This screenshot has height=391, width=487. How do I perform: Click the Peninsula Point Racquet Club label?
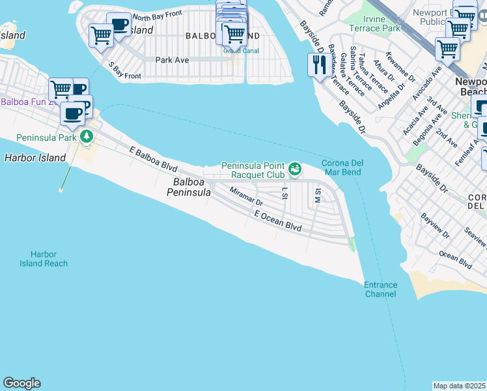[253, 170]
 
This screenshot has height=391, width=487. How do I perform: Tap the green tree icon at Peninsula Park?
[87, 136]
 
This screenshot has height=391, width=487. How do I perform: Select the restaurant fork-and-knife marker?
[318, 65]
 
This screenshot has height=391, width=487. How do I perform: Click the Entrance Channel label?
[380, 289]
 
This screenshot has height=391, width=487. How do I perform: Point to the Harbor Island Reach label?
[43, 259]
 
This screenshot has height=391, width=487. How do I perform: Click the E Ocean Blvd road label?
[278, 221]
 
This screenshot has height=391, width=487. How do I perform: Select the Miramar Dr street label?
[245, 197]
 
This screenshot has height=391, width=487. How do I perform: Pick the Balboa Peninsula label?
[189, 187]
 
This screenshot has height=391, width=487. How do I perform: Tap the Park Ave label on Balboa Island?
[172, 60]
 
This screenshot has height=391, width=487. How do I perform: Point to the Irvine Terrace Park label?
[374, 23]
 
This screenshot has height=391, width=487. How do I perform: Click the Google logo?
[21, 383]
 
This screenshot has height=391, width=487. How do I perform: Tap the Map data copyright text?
[460, 386]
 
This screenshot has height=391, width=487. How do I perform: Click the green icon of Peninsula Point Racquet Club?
[295, 169]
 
